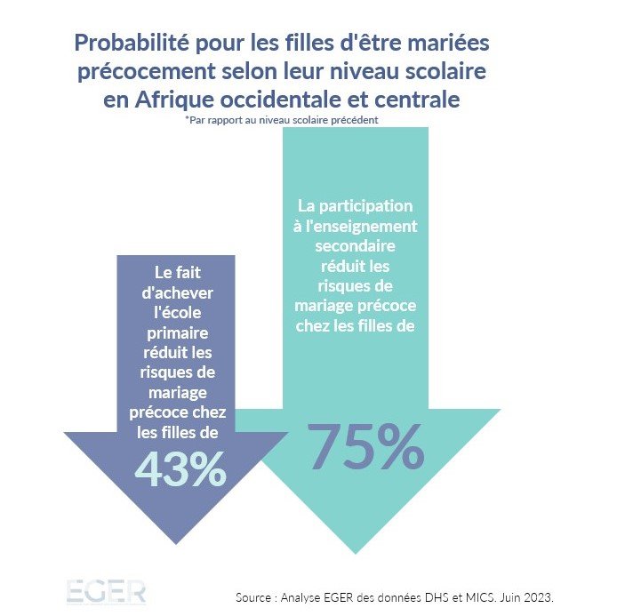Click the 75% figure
click(x=365, y=446)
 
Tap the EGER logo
click(x=105, y=593)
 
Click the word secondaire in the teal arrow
click(x=355, y=245)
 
